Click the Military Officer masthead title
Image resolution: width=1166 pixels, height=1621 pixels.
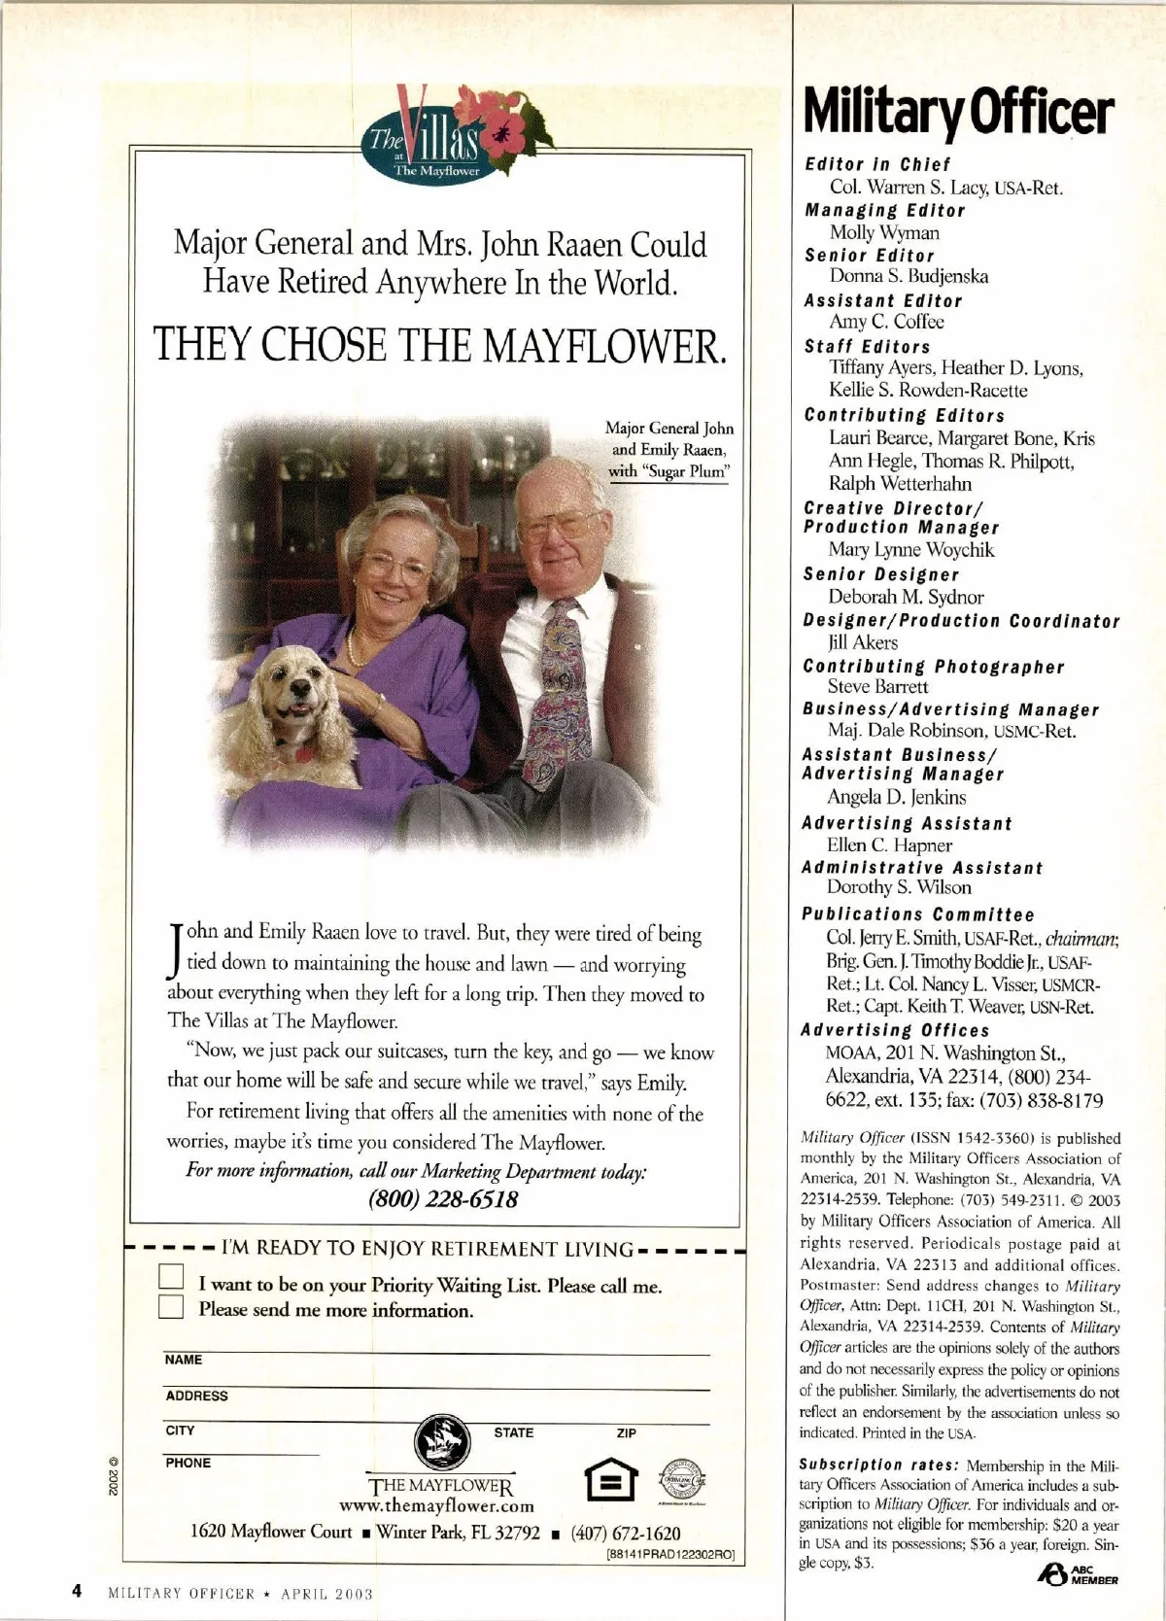tap(957, 113)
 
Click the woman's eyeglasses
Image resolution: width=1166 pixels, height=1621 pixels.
tap(396, 565)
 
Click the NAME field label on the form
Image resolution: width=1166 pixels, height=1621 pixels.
tap(184, 1360)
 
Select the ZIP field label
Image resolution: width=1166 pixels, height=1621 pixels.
tap(627, 1432)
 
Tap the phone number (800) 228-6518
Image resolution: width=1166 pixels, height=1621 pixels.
tap(443, 1198)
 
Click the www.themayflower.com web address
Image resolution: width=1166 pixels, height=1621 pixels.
tap(436, 1506)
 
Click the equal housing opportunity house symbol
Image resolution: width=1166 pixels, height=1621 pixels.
tap(612, 1481)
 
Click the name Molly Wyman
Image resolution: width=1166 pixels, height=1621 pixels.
tap(884, 232)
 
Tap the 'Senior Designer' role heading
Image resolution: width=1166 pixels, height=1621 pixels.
tap(881, 574)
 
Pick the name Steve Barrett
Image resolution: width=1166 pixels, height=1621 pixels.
tap(877, 687)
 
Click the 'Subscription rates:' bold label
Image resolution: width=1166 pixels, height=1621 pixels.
tap(850, 1465)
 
